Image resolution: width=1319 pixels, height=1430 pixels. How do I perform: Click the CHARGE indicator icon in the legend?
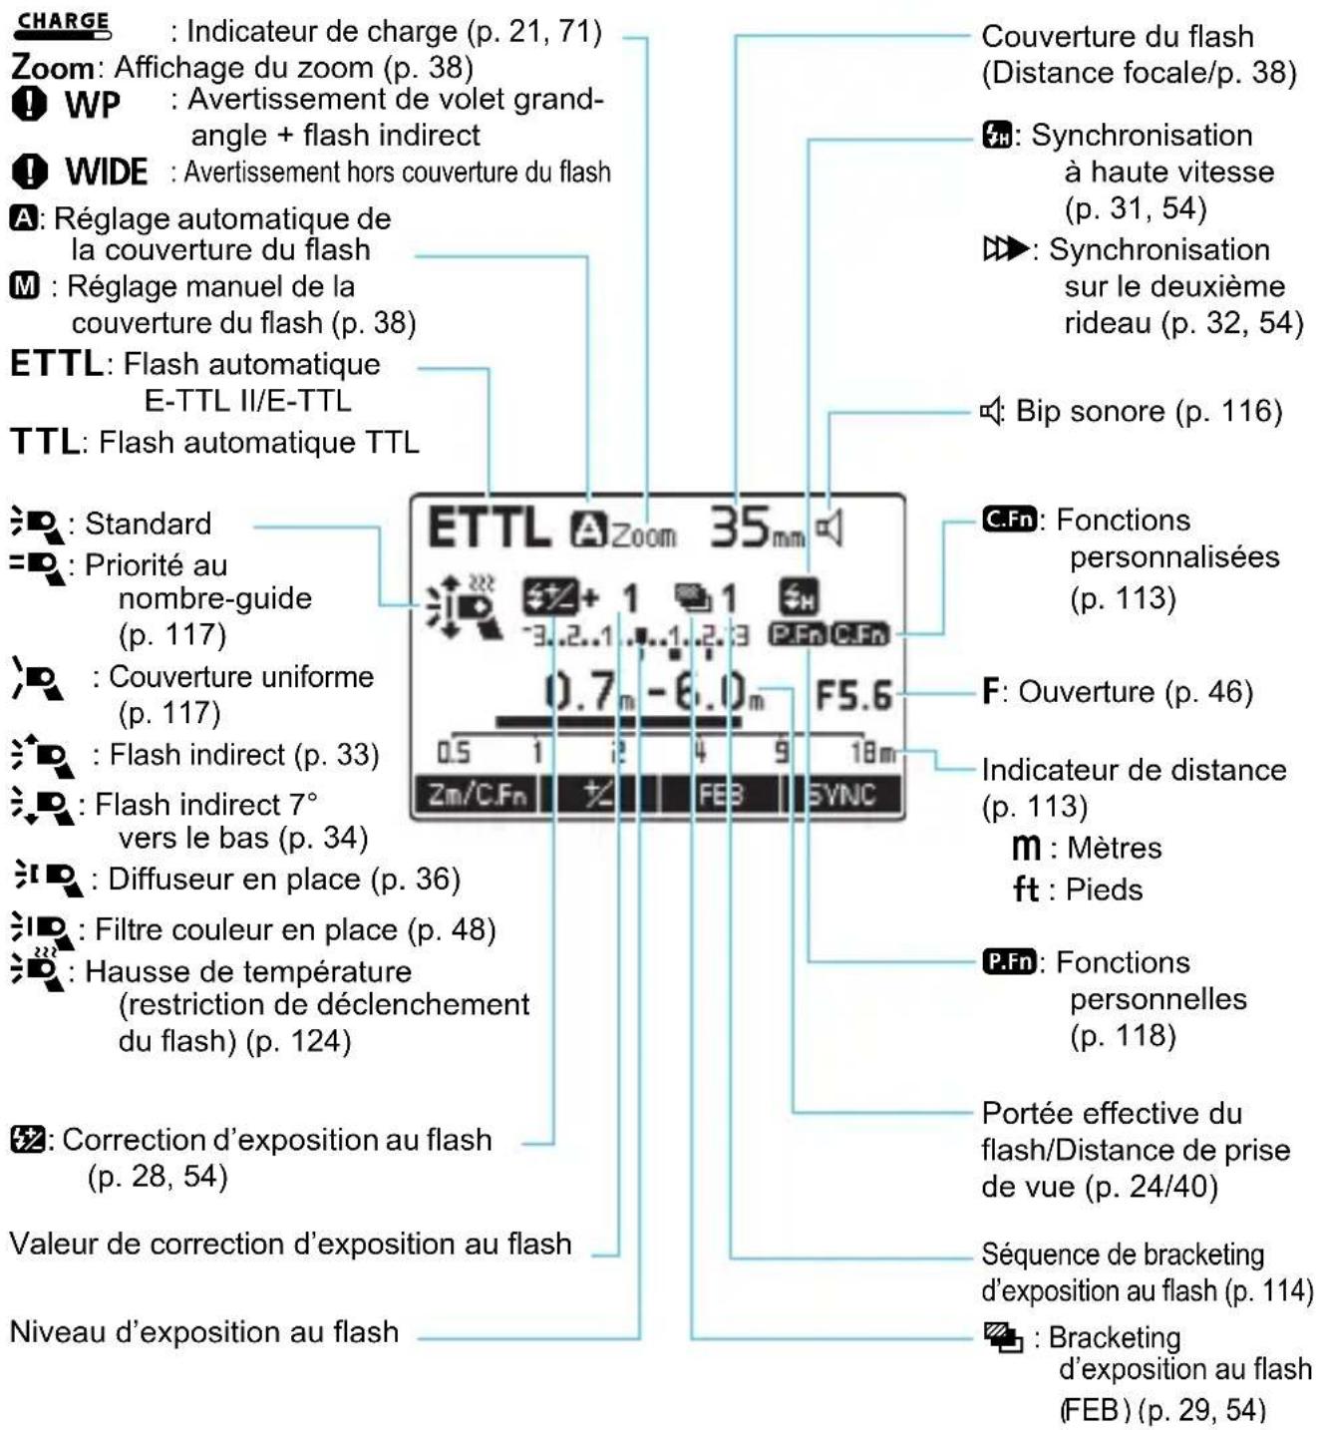[x=62, y=26]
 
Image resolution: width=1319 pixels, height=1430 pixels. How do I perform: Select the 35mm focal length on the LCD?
[x=756, y=528]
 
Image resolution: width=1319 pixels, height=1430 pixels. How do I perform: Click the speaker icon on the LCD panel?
[x=829, y=530]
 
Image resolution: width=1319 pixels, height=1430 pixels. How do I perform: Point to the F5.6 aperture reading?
[x=852, y=696]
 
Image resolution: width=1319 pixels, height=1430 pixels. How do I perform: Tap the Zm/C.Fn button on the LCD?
[x=477, y=795]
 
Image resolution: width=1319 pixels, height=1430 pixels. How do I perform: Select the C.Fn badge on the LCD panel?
[x=859, y=634]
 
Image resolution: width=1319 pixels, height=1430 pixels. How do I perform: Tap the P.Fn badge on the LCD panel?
[x=799, y=634]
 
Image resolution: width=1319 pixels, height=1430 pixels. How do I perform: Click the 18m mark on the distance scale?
[x=872, y=753]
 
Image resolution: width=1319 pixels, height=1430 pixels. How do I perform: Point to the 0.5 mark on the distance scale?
[x=454, y=753]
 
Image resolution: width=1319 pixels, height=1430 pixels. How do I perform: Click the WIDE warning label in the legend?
[x=107, y=173]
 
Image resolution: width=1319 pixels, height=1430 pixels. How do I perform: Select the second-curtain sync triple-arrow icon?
[x=1005, y=249]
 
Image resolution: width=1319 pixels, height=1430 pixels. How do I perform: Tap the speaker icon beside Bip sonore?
[x=991, y=412]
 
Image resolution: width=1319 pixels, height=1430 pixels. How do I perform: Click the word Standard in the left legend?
[x=149, y=524]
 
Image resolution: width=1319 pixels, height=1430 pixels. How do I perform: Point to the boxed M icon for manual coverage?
[x=25, y=286]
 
